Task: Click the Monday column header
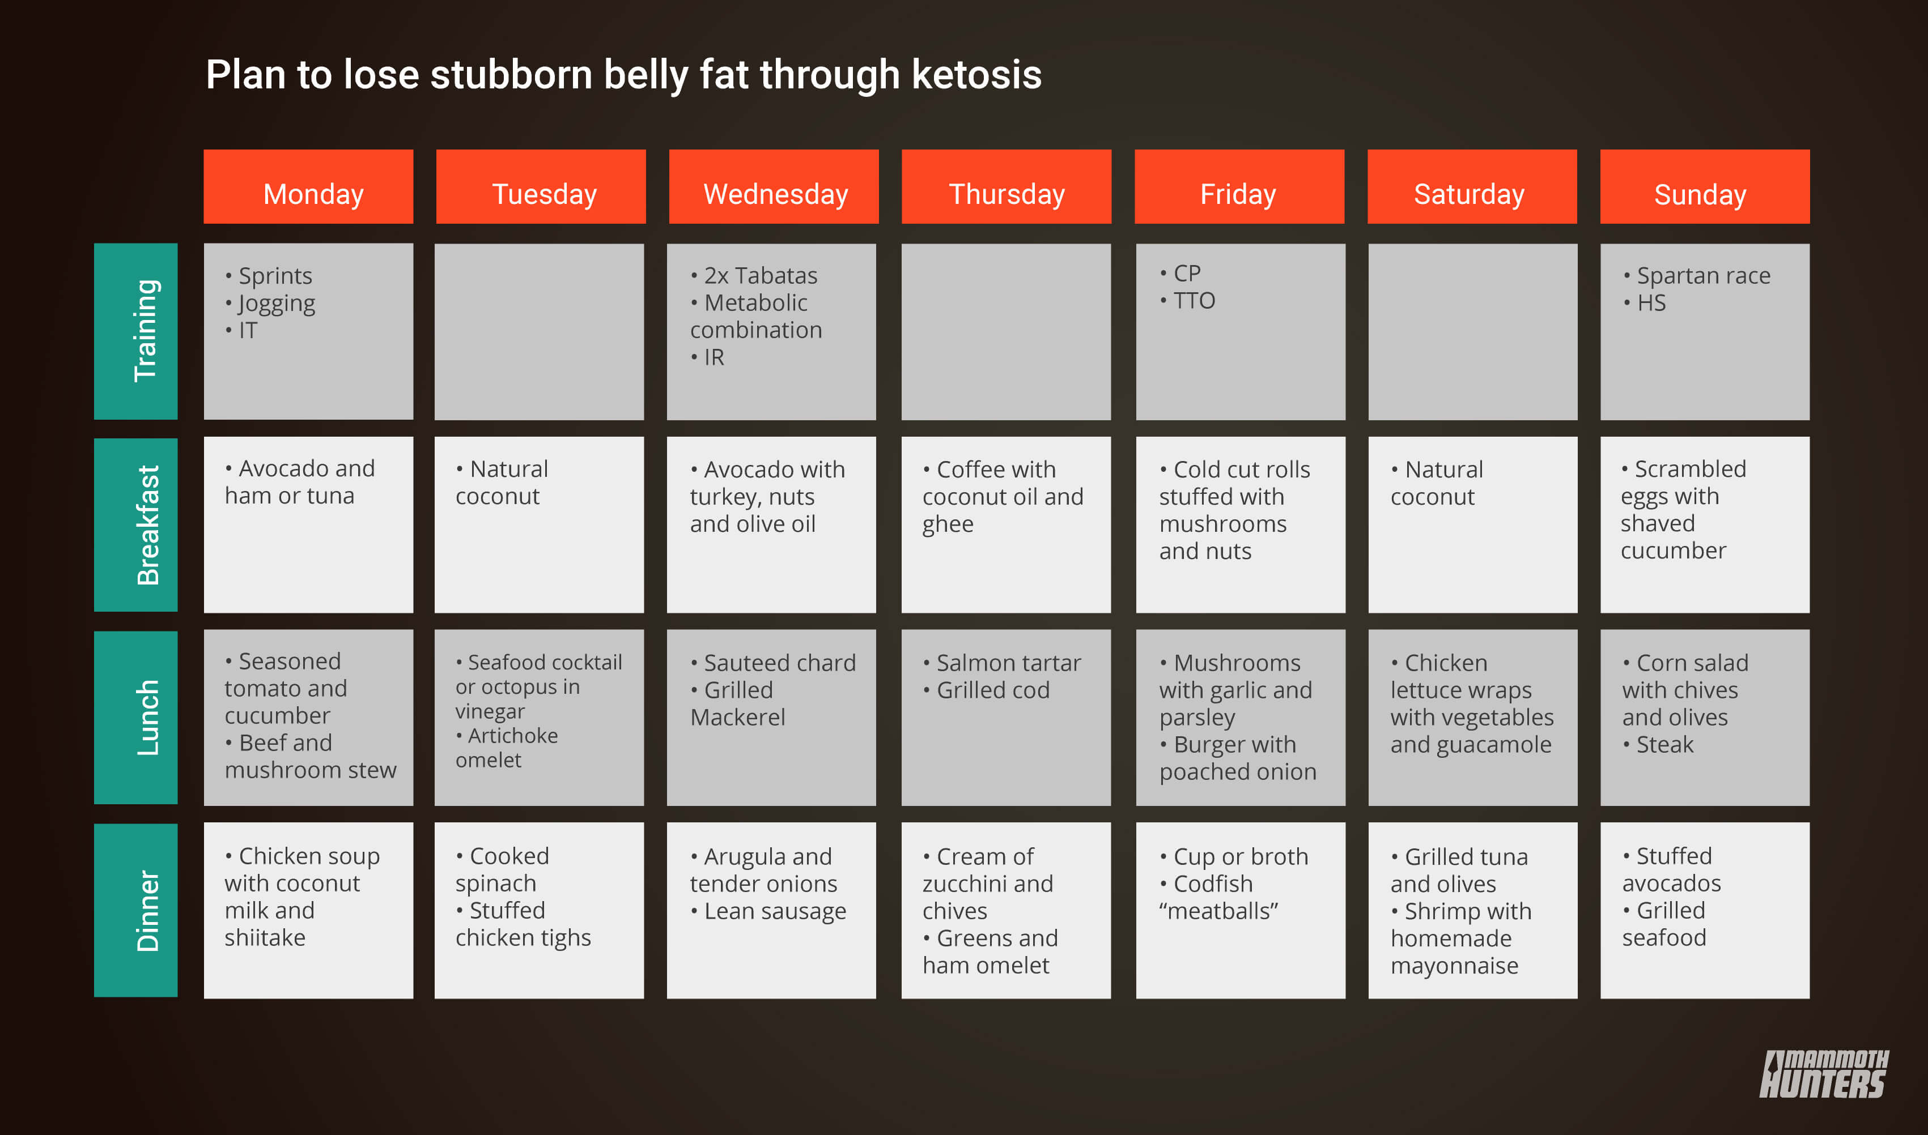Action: click(308, 186)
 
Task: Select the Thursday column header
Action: click(1006, 186)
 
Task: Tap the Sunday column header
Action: click(1705, 186)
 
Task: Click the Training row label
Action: click(135, 331)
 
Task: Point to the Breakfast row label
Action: click(135, 524)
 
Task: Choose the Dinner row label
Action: click(135, 910)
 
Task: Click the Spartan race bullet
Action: click(1696, 275)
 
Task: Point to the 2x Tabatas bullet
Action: click(754, 275)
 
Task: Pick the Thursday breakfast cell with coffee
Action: click(1006, 524)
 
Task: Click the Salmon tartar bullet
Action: click(1001, 662)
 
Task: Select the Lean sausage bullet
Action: click(768, 911)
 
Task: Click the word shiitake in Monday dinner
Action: click(265, 938)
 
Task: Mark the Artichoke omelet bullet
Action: click(507, 747)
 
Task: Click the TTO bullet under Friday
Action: click(1187, 301)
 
